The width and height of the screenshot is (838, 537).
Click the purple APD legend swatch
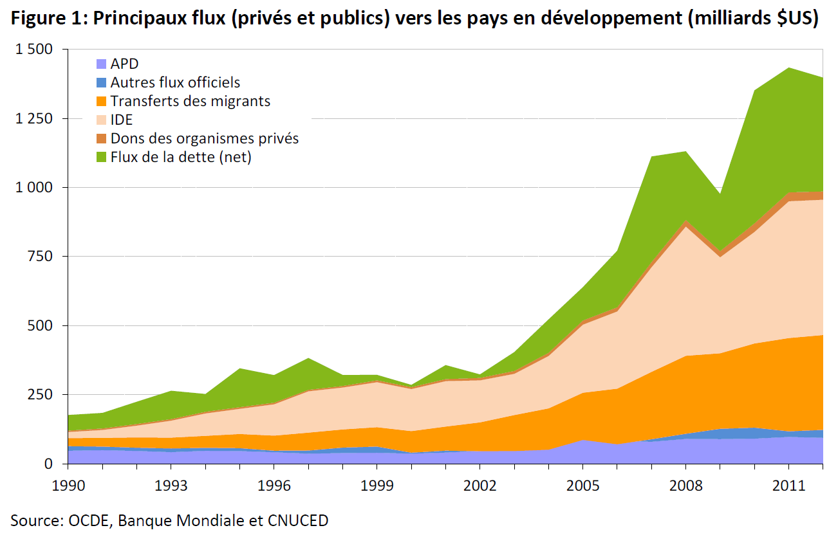[102, 64]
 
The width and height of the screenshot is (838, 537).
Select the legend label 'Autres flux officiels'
[175, 82]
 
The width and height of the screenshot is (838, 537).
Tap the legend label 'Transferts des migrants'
[190, 101]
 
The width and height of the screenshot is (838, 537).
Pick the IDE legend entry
[121, 120]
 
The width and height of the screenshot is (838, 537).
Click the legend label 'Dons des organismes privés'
[204, 138]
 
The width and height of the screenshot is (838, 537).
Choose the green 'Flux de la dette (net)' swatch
[102, 157]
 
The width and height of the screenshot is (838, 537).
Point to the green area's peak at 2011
[789, 68]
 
